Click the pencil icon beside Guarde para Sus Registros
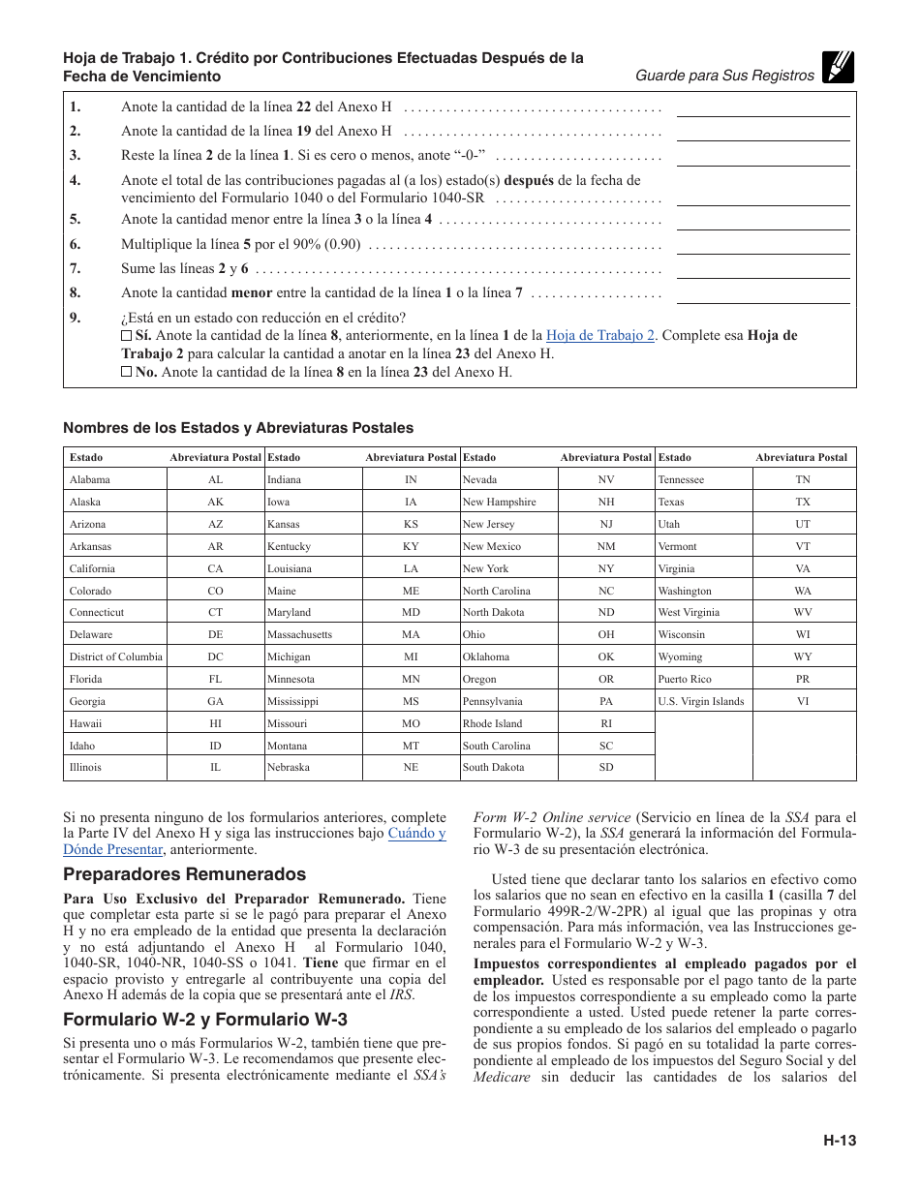click(839, 68)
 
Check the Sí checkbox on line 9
click(126, 335)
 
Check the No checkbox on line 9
click(126, 372)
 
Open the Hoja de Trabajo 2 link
click(600, 335)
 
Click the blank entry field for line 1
click(762, 107)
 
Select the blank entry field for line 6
click(762, 244)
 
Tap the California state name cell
click(92, 568)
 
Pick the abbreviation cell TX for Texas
click(803, 502)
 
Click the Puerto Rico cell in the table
click(685, 679)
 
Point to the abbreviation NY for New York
click(605, 568)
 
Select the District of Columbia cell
click(115, 657)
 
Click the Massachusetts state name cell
click(299, 634)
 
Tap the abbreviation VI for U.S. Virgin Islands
click(803, 701)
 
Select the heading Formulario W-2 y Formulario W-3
click(204, 1020)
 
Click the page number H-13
click(840, 1141)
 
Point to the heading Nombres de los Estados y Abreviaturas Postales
click(238, 428)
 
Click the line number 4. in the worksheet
click(75, 180)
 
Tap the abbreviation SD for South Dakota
click(605, 767)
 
